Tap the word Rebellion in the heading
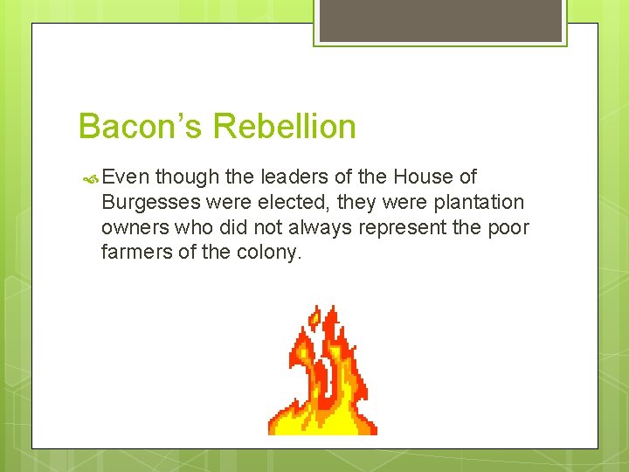coord(285,127)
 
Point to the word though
coord(187,177)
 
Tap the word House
coord(422,177)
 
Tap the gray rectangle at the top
coord(440,20)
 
